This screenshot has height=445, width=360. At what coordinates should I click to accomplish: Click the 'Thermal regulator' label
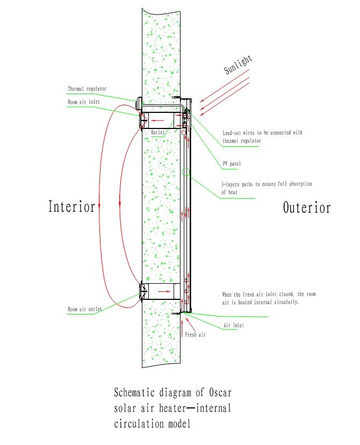[87, 89]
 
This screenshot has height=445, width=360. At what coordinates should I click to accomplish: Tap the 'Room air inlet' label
[84, 102]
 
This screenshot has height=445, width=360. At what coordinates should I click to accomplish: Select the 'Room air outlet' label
[84, 309]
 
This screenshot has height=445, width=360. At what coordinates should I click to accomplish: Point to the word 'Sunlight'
[237, 64]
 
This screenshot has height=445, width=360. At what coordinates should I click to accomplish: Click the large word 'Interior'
[71, 206]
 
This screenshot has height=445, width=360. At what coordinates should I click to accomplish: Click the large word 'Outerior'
[307, 207]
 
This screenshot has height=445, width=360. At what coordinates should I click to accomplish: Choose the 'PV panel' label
[232, 163]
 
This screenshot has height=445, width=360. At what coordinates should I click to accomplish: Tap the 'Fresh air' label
[195, 335]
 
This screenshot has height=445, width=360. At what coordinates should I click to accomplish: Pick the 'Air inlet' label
[234, 325]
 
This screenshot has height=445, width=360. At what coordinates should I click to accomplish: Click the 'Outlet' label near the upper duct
[157, 132]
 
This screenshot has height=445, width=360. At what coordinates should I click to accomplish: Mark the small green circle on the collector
[185, 171]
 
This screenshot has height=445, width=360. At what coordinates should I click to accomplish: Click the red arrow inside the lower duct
[164, 291]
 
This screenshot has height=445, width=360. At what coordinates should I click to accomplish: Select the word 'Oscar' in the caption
[220, 392]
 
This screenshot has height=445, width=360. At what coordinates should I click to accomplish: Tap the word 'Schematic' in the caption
[134, 392]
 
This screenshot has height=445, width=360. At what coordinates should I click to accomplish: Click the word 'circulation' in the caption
[138, 424]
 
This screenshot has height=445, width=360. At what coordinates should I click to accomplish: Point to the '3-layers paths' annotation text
[267, 188]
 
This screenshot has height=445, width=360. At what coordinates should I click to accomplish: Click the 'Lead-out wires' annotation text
[262, 137]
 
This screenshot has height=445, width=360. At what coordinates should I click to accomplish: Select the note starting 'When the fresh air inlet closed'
[269, 298]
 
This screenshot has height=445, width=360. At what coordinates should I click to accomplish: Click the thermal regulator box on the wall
[139, 104]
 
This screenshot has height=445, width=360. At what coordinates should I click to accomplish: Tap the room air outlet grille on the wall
[143, 291]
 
